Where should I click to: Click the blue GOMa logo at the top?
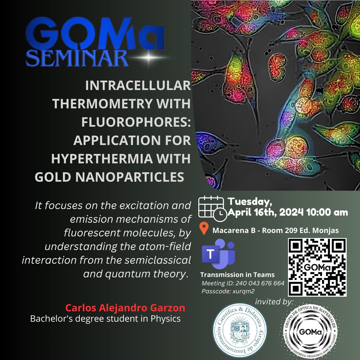(x=95, y=34)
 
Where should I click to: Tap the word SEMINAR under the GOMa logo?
(x=77, y=58)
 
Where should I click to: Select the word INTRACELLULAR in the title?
(x=138, y=85)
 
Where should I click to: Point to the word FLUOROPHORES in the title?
(x=135, y=122)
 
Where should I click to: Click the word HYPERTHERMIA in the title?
(x=102, y=159)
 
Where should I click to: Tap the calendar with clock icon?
(x=212, y=208)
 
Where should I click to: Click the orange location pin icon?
(x=204, y=228)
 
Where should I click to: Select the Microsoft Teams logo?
(x=218, y=254)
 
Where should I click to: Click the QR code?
(x=317, y=267)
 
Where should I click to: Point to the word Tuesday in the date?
(x=250, y=202)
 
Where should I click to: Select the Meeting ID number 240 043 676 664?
(x=260, y=283)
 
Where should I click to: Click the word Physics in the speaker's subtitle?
(x=165, y=319)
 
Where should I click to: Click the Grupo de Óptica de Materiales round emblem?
(x=310, y=332)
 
